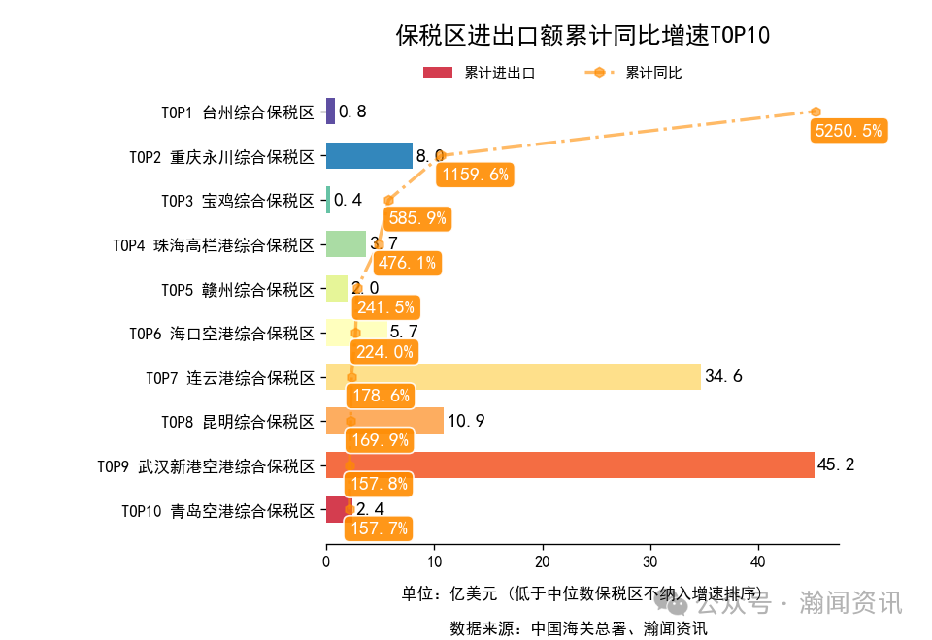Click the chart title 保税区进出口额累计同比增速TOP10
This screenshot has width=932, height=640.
point(582,36)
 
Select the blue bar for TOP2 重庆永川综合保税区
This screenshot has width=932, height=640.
point(369,155)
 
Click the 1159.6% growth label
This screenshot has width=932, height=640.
point(474,175)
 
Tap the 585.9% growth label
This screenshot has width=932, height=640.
point(417,218)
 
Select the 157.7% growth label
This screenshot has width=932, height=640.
point(378,528)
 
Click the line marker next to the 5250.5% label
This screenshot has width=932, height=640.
point(816,112)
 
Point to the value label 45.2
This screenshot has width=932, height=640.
point(836,465)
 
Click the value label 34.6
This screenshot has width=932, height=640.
point(723,376)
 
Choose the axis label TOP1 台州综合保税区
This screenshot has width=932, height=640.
point(238,112)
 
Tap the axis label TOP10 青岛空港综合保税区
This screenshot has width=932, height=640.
point(218,510)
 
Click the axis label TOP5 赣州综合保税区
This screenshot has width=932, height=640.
point(238,289)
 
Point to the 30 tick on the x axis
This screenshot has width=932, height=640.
point(650,561)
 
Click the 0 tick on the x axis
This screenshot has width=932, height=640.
point(326,561)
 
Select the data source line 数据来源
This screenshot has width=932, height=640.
point(578,627)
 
